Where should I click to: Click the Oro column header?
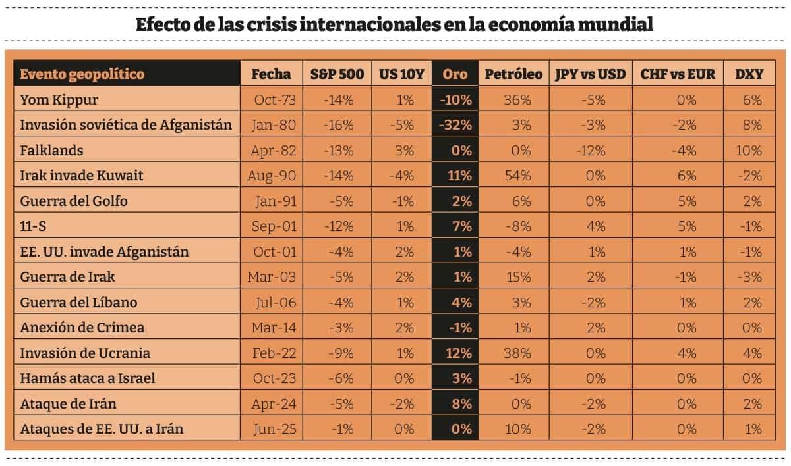[455, 74]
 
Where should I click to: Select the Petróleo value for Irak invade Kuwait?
[517, 176]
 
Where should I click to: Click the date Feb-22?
[274, 353]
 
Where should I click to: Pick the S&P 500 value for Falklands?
[339, 151]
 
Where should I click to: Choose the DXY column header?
[749, 74]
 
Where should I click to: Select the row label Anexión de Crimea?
[82, 328]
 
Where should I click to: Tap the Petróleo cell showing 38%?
[517, 353]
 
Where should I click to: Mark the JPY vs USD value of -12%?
[591, 151]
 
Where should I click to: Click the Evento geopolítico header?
[82, 74]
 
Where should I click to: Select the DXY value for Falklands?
[749, 151]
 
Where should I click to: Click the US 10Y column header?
[401, 74]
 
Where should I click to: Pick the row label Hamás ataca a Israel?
[88, 378]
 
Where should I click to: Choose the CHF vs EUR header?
[678, 74]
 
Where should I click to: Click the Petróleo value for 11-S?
[517, 226]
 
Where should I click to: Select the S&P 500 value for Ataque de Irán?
[339, 403]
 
